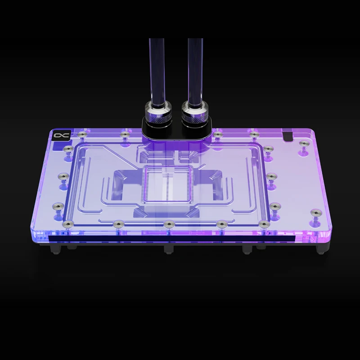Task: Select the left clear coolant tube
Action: pos(156,67)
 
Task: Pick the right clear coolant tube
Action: pos(195,67)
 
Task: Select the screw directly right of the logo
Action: pos(81,134)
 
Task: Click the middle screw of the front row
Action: pos(168,224)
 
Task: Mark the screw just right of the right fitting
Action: pos(217,134)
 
